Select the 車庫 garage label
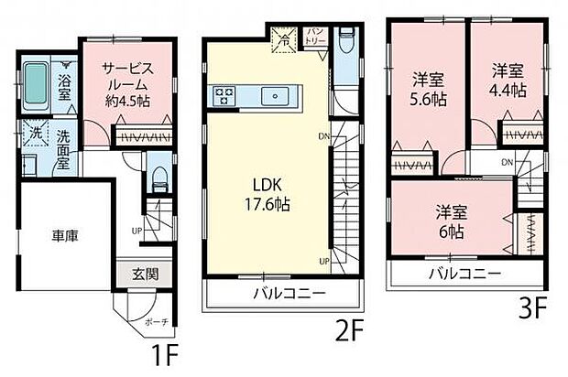[x=64, y=235]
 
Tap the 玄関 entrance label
[x=145, y=273]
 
